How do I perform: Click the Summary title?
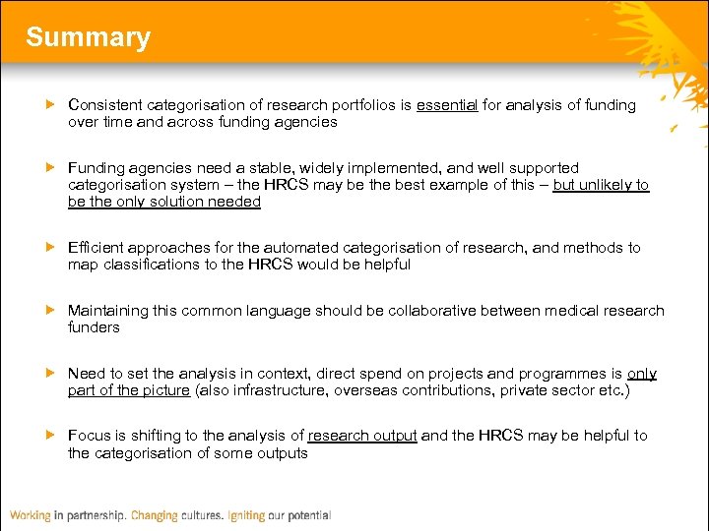coord(88,37)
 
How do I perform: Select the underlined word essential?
coord(446,105)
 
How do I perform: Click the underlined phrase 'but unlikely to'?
coord(601,185)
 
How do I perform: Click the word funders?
coord(94,327)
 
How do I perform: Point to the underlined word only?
coord(641,374)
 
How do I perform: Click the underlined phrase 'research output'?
coord(362,436)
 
